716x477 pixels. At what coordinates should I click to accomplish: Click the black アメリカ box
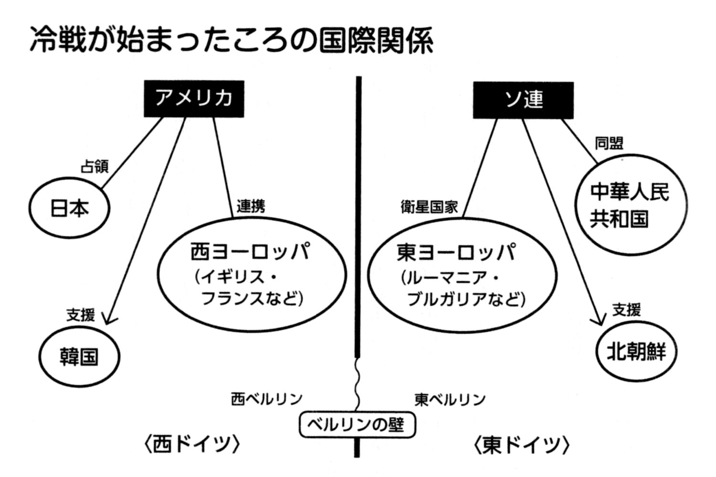[x=194, y=99]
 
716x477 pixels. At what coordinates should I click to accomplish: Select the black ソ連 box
[x=523, y=100]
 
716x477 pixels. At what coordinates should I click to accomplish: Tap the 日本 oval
[x=70, y=209]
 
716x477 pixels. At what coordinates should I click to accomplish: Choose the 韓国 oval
[x=79, y=357]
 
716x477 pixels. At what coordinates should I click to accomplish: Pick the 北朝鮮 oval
[x=637, y=352]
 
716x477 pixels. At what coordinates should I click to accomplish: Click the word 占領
[x=95, y=166]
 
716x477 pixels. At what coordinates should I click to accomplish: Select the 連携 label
[x=251, y=206]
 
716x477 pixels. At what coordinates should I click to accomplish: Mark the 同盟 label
[x=609, y=143]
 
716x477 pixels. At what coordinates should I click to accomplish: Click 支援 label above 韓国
[x=81, y=315]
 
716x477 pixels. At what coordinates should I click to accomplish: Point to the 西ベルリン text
[x=267, y=399]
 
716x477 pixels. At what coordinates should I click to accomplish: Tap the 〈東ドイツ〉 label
[x=522, y=445]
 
